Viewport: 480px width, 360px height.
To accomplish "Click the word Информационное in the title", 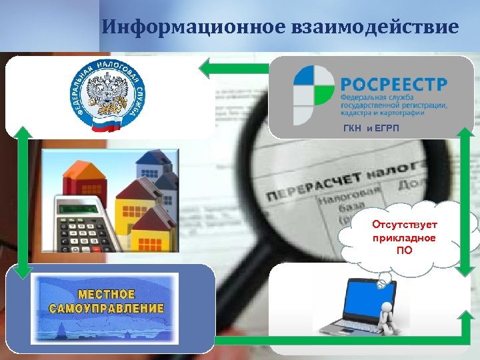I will coord(194,27).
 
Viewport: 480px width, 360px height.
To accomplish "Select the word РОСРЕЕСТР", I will coord(394,86).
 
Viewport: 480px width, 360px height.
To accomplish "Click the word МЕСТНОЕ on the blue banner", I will coord(107,294).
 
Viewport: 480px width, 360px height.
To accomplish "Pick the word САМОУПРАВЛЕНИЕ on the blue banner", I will coord(107,308).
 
